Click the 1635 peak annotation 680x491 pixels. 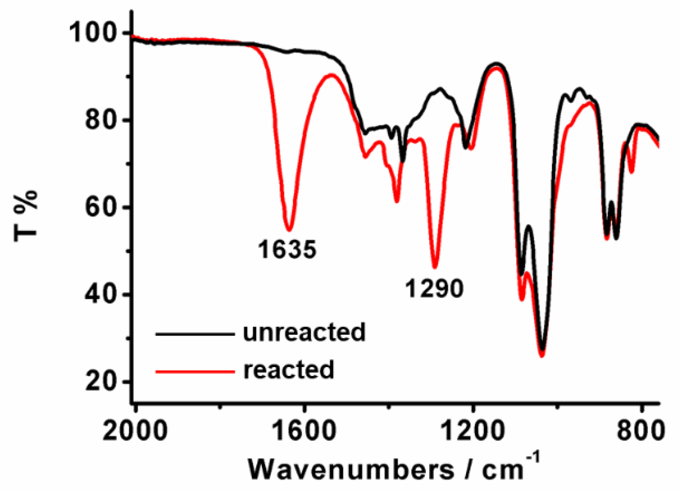tap(287, 249)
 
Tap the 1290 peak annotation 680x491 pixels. tap(435, 289)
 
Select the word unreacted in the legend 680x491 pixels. tap(304, 332)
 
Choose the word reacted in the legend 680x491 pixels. tap(289, 370)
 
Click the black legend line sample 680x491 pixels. tap(195, 334)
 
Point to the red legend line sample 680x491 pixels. tap(195, 372)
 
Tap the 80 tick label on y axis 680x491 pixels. tap(102, 120)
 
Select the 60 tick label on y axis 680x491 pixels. tap(102, 207)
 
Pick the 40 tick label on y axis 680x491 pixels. tap(102, 294)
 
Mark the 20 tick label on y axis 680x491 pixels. tap(102, 381)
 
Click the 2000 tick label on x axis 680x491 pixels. tap(135, 431)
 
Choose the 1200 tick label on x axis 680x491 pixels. tap(473, 431)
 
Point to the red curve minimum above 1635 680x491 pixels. tap(289, 230)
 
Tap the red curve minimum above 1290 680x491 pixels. tap(435, 268)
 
